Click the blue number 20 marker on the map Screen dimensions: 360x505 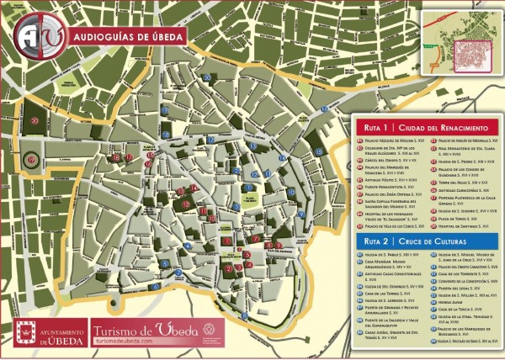[206, 77]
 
